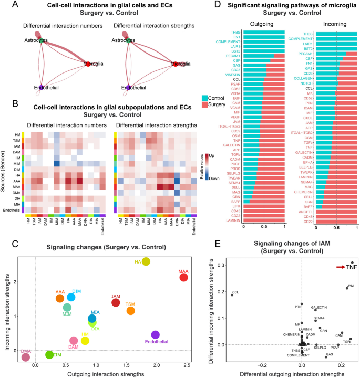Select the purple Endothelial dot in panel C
pos(155,335)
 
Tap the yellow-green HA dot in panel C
pos(146,261)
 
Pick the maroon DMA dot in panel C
pos(25,357)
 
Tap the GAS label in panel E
pos(330,355)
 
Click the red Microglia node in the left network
pos(88,64)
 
